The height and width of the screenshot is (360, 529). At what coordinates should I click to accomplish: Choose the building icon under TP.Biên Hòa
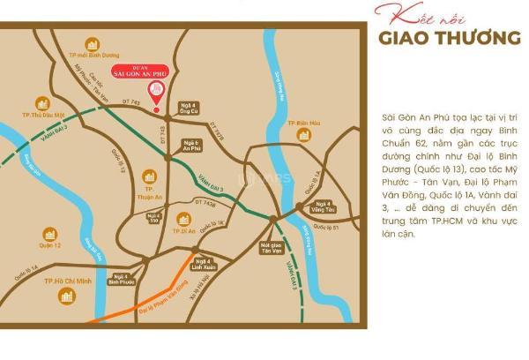(304, 135)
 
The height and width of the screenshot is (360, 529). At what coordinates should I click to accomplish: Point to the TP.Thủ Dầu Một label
(41, 116)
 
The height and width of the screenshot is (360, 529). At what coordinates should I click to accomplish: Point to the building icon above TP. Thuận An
(150, 176)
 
